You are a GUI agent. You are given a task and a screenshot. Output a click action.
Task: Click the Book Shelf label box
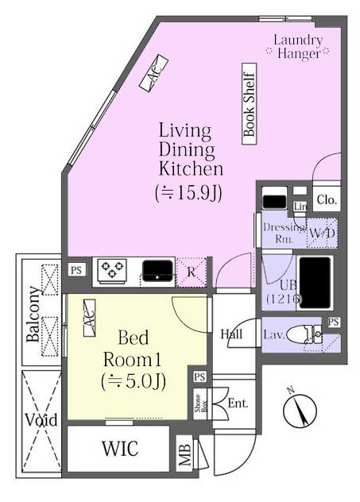click(250, 104)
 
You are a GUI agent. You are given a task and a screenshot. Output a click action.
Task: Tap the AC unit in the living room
click(153, 72)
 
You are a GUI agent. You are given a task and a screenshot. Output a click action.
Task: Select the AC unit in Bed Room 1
click(89, 318)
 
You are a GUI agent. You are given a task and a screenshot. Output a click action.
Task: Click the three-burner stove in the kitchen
click(112, 271)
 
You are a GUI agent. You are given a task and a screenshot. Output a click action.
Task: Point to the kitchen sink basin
click(157, 271)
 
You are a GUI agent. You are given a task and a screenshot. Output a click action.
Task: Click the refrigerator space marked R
click(192, 272)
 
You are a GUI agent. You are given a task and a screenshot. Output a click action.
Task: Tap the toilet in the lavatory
click(304, 334)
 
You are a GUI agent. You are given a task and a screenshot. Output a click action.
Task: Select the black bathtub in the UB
click(315, 283)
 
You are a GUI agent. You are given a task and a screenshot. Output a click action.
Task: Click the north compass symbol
click(300, 410)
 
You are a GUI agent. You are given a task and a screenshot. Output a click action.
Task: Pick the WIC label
click(120, 448)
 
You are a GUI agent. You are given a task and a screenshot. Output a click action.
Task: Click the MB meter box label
click(185, 455)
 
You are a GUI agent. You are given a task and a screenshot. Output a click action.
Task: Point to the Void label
click(41, 419)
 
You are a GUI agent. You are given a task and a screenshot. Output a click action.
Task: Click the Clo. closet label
click(327, 200)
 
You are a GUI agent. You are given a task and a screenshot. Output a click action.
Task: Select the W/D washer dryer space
click(322, 233)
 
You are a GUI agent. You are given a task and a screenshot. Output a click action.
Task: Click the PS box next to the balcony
click(76, 270)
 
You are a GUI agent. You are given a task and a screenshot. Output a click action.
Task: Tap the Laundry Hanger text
click(298, 47)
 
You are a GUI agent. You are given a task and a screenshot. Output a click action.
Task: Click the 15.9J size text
click(189, 193)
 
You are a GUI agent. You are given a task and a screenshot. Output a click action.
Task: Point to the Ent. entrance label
click(238, 403)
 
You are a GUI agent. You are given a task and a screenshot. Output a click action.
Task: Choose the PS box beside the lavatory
click(334, 322)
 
